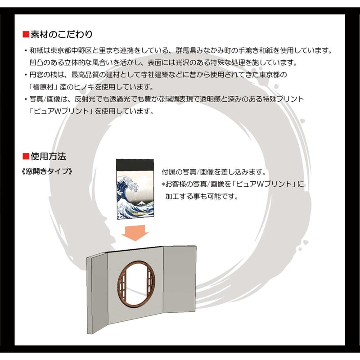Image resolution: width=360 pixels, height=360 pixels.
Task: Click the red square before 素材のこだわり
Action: click(x=26, y=34)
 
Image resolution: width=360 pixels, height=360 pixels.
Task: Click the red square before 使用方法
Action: click(x=26, y=157)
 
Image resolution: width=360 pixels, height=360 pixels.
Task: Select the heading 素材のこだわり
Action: click(x=62, y=34)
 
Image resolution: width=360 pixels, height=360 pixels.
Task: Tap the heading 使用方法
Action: click(x=48, y=157)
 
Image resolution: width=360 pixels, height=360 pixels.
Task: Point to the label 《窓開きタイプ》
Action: click(x=46, y=172)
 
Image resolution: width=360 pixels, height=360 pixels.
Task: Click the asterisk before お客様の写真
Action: click(x=164, y=184)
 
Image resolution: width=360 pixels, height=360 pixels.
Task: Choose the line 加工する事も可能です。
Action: click(x=201, y=196)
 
